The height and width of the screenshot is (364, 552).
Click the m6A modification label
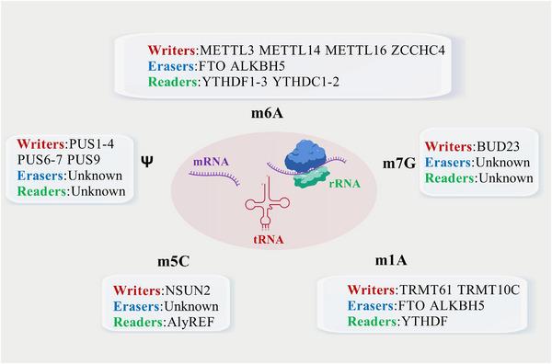pos(274,112)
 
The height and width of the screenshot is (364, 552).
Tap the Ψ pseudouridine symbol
pos(146,159)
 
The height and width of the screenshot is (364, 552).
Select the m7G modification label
pos(397,162)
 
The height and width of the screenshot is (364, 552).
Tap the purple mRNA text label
pos(209,160)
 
